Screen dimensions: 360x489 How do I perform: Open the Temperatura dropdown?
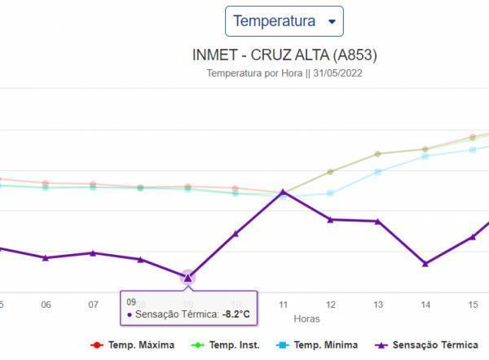point(284,21)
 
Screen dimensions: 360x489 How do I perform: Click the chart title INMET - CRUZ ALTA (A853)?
point(284,55)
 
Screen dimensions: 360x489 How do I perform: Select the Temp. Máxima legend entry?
point(133,345)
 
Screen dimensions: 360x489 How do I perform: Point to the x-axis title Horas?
point(307,318)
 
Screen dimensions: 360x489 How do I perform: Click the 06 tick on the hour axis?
point(46,304)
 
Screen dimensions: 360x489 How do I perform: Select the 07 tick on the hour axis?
point(94,304)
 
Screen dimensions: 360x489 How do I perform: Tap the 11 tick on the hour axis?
point(283,304)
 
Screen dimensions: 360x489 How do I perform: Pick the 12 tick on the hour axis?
point(330,304)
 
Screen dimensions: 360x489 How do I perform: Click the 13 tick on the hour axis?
point(378,304)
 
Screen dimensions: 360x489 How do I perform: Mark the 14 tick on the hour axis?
point(425,304)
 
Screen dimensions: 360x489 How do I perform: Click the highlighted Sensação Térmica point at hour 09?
point(187,277)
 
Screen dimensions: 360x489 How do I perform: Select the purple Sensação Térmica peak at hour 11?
point(283,192)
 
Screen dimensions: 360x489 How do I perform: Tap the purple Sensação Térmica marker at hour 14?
point(425,263)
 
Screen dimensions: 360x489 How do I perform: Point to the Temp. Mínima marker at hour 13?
point(378,172)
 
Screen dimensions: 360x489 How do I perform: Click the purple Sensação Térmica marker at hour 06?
point(46,257)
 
